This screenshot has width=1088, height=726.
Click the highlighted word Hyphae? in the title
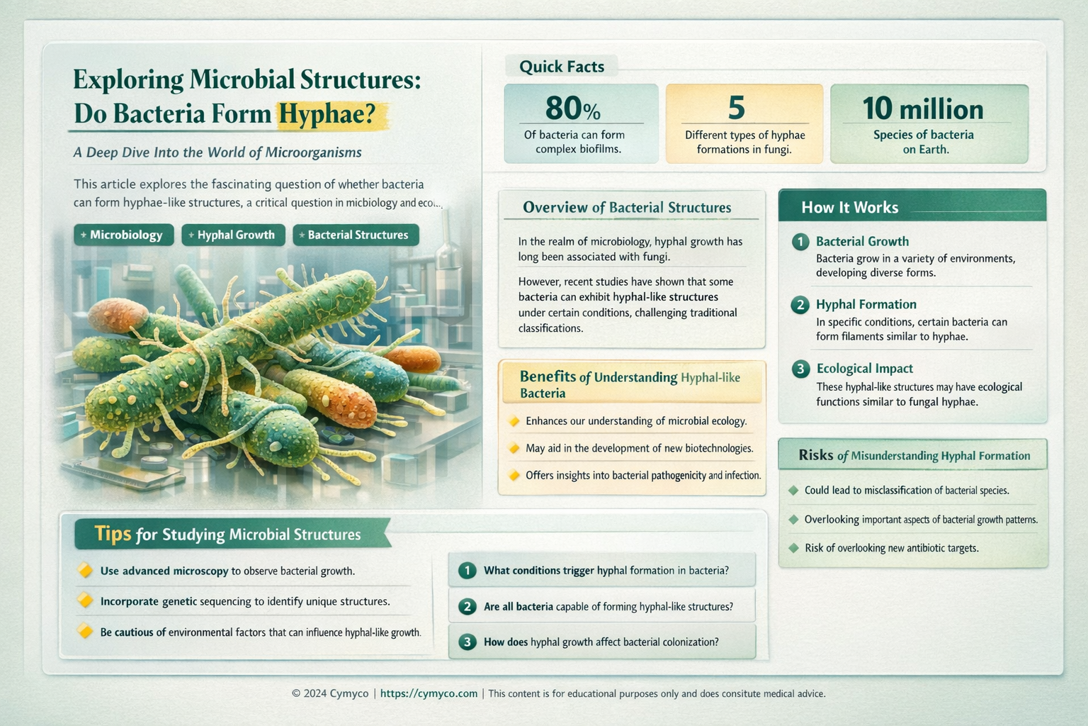click(x=327, y=114)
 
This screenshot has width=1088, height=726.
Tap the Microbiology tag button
click(x=124, y=235)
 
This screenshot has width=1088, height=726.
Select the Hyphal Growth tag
click(x=234, y=235)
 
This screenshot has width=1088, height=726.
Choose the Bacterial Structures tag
click(x=356, y=235)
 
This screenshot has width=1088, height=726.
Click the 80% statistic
click(x=572, y=108)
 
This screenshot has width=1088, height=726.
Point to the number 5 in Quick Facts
click(x=737, y=108)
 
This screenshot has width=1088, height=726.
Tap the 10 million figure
click(x=923, y=109)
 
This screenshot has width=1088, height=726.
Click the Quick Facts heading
click(x=562, y=67)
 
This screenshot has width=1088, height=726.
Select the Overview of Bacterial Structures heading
click(x=626, y=207)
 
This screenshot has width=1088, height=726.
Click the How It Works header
click(x=849, y=207)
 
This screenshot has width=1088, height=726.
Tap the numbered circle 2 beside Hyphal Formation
click(x=800, y=305)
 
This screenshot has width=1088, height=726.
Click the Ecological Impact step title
click(x=864, y=369)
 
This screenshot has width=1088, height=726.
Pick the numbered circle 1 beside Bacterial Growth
click(x=800, y=242)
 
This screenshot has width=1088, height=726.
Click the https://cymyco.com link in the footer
click(x=429, y=693)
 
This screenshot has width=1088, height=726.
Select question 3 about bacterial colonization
click(x=601, y=642)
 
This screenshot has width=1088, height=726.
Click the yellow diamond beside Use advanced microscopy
click(x=85, y=570)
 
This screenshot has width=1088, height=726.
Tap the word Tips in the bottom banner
click(x=113, y=533)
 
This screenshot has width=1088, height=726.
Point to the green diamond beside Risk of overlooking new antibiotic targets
click(x=793, y=548)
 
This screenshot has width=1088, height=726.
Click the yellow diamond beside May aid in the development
click(x=514, y=449)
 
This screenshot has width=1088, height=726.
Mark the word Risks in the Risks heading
click(x=815, y=455)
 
